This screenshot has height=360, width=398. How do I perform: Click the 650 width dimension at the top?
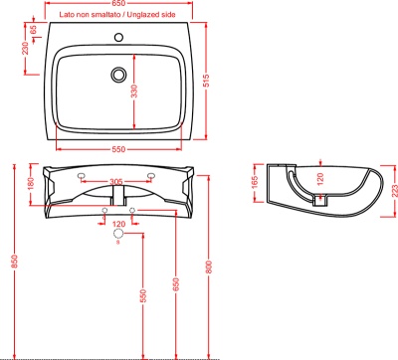pos(118,3)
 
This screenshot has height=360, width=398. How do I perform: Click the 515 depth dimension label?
pos(206,81)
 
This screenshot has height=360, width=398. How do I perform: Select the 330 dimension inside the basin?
pos(134,91)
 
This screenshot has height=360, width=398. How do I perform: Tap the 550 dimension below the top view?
pos(118,149)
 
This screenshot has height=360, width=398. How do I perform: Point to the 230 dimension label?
pos(25,49)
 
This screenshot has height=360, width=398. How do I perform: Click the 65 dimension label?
pos(33,30)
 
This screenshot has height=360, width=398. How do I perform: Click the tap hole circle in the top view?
pos(118,37)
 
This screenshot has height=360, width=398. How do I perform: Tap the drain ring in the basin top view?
pos(118,75)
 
